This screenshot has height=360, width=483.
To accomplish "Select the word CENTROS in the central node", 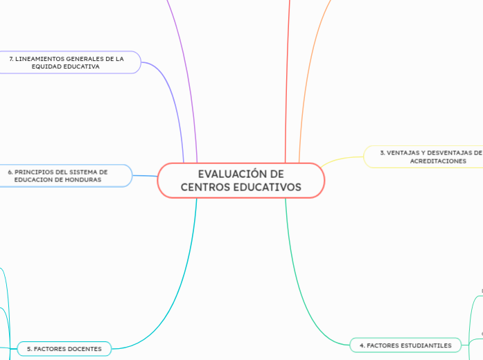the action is tap(205, 188).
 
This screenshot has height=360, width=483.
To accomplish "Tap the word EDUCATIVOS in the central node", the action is tap(267, 188).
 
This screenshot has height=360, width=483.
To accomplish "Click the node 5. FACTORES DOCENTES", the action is tap(64, 349).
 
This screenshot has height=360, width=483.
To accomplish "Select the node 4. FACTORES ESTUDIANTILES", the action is tap(405, 345).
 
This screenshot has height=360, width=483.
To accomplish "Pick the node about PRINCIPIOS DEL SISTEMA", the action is tap(58, 175).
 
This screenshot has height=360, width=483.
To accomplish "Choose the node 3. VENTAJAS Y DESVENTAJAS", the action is tap(430, 156).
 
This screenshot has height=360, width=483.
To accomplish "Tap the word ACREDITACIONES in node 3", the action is tap(438, 161).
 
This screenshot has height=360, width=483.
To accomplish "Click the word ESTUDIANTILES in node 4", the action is tap(428, 345).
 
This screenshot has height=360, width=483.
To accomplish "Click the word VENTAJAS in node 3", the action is tap(404, 152).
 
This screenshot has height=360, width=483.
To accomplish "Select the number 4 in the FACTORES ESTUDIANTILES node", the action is tap(361, 345).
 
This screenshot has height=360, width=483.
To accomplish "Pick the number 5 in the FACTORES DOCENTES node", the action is tap(28, 349).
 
